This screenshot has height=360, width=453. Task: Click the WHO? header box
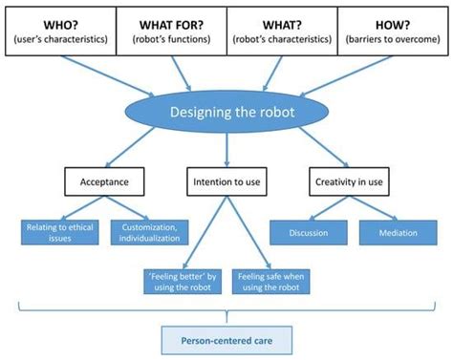point(60,30)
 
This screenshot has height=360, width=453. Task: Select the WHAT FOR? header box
point(171,30)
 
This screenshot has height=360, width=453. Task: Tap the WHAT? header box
point(282,30)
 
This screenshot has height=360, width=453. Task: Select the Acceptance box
point(97,180)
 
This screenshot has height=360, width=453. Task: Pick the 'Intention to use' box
point(226,180)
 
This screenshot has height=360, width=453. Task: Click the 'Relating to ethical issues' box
point(61,232)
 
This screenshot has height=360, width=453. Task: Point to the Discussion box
point(309,232)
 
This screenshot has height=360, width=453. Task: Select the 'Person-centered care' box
point(225,338)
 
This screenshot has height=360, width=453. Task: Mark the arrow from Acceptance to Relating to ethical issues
point(78,206)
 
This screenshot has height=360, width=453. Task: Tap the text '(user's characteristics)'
point(60,39)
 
